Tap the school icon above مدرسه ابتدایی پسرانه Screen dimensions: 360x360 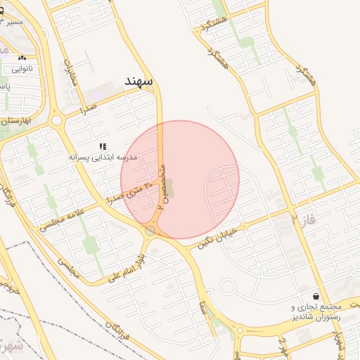(103, 146)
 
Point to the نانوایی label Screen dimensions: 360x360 (22, 69)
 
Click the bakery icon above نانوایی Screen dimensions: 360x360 (22, 58)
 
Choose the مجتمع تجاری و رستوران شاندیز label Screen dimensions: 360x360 (316, 312)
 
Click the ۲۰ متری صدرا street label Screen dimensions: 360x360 (134, 191)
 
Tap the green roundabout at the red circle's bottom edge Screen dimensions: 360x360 (150, 231)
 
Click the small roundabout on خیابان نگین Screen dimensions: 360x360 (228, 288)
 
